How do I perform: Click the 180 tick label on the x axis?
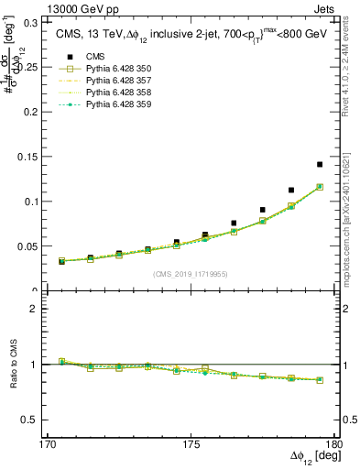[337, 442]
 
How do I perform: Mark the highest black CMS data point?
[320, 165]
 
